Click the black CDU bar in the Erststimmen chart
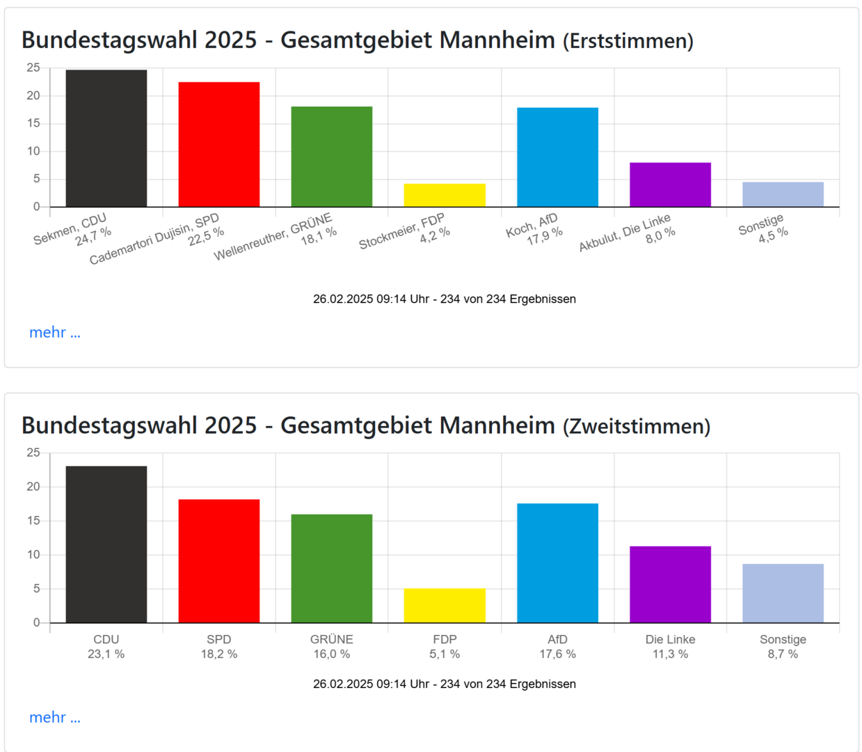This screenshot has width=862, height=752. click(x=106, y=139)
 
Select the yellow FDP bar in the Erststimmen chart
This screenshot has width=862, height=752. click(x=445, y=196)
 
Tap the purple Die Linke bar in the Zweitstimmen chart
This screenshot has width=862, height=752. click(x=670, y=585)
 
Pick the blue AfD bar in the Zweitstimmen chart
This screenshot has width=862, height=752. click(x=557, y=563)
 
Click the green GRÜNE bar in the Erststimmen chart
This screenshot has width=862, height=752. click(x=332, y=157)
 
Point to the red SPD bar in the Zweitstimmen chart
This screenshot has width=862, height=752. click(x=219, y=561)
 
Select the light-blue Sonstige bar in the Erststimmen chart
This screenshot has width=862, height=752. click(x=783, y=195)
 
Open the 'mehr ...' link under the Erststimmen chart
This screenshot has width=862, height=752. click(x=55, y=333)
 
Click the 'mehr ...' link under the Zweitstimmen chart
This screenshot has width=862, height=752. click(x=55, y=718)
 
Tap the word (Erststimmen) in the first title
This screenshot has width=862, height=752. click(x=628, y=42)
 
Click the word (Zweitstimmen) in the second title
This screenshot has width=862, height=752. click(x=637, y=427)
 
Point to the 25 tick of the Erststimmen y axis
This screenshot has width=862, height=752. click(x=33, y=68)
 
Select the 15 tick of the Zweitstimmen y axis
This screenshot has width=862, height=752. click(x=33, y=521)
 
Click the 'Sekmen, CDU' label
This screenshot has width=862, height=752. click(x=70, y=230)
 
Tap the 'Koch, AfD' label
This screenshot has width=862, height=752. click(x=532, y=226)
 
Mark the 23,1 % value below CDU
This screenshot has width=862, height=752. click(x=106, y=655)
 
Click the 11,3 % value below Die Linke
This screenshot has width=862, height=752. click(x=670, y=655)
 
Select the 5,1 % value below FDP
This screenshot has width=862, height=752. click(x=445, y=655)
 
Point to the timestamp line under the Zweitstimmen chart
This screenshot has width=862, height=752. click(x=445, y=684)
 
